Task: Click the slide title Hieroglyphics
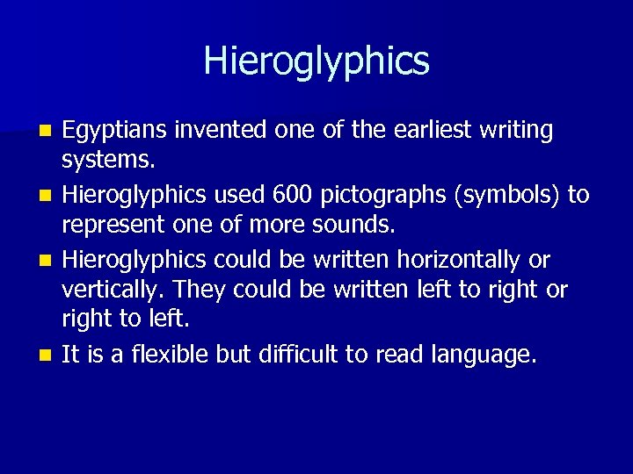coord(316,61)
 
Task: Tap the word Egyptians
coord(113,131)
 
